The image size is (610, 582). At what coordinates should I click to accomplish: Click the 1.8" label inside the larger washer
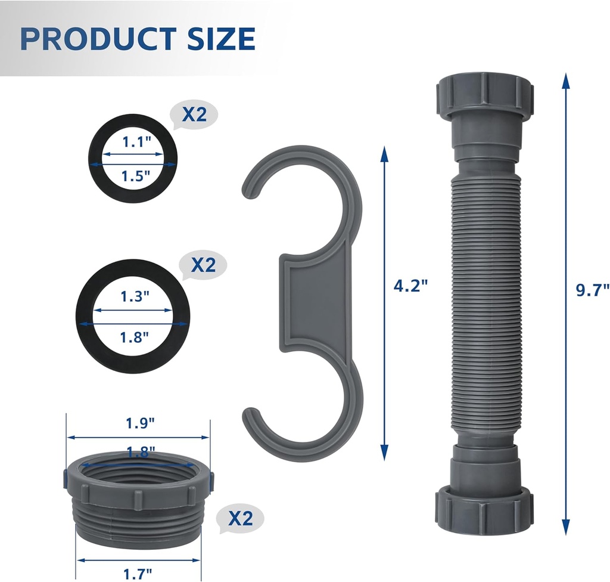[x=133, y=338]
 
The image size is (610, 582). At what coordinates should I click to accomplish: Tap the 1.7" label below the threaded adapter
[x=137, y=574]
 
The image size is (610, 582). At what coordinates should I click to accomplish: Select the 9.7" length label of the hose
[x=592, y=290]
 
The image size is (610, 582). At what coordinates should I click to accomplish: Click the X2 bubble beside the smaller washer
[x=194, y=114]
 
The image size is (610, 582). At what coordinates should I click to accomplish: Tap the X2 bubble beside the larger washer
[x=203, y=265]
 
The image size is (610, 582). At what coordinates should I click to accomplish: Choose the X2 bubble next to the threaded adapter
[x=240, y=519]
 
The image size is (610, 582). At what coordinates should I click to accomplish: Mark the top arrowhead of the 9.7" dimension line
[x=565, y=80]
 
